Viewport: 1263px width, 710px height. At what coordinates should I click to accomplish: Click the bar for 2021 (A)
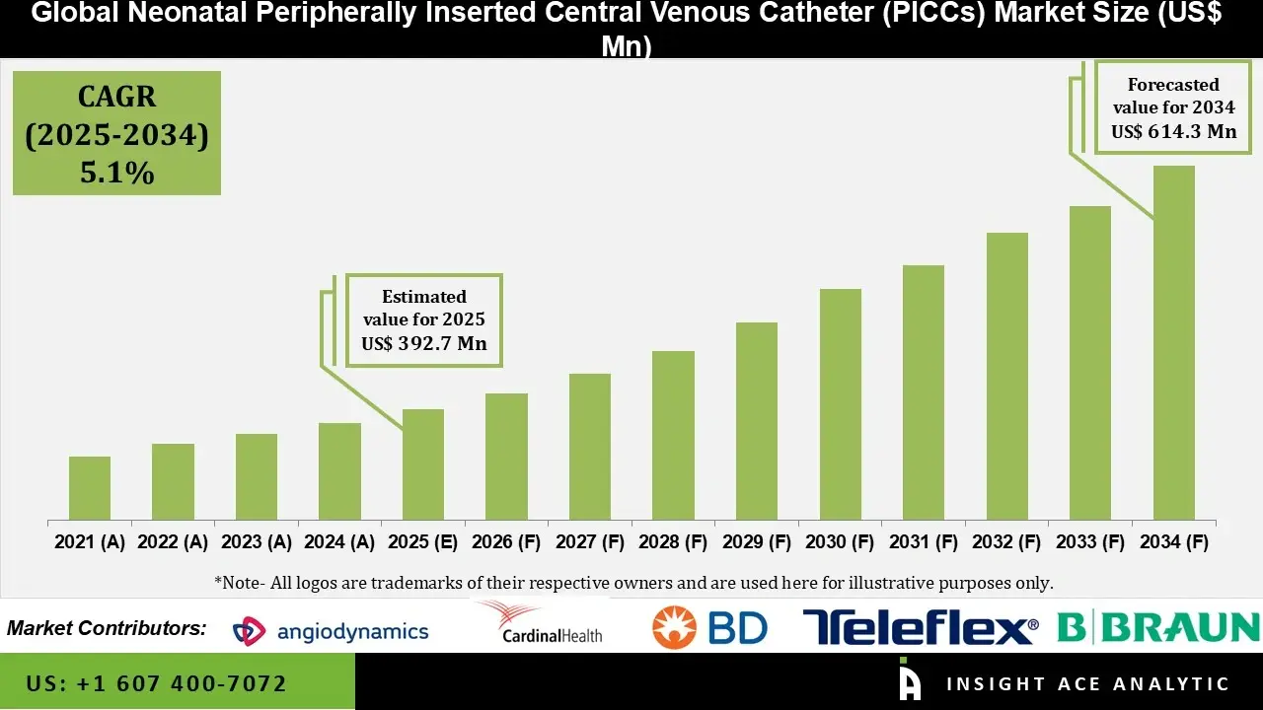[90, 488]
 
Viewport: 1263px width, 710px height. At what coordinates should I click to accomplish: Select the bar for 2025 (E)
[423, 464]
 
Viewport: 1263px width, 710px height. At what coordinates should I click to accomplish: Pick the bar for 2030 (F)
[840, 404]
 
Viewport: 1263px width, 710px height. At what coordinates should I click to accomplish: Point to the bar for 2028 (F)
[673, 435]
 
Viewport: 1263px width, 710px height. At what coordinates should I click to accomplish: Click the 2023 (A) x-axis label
[256, 542]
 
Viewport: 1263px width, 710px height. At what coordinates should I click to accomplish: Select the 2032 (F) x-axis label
[1006, 542]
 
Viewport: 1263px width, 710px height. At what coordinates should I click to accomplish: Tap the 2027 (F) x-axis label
[589, 542]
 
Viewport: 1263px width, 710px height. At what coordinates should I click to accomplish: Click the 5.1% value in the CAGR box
[116, 173]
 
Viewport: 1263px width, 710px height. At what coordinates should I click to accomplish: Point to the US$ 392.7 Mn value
[424, 343]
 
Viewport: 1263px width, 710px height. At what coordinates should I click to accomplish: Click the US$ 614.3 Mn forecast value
[1174, 131]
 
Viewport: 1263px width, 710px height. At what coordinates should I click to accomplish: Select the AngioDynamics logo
[331, 631]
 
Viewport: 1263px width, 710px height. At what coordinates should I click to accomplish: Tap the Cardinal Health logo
[540, 623]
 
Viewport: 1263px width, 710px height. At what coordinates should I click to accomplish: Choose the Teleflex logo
[921, 627]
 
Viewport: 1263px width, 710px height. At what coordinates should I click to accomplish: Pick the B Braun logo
[1158, 627]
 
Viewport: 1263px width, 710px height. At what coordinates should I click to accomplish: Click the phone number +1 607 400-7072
[157, 683]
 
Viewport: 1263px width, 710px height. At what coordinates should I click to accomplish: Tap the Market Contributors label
[107, 628]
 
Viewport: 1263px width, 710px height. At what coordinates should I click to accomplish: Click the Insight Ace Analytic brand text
[1087, 683]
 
